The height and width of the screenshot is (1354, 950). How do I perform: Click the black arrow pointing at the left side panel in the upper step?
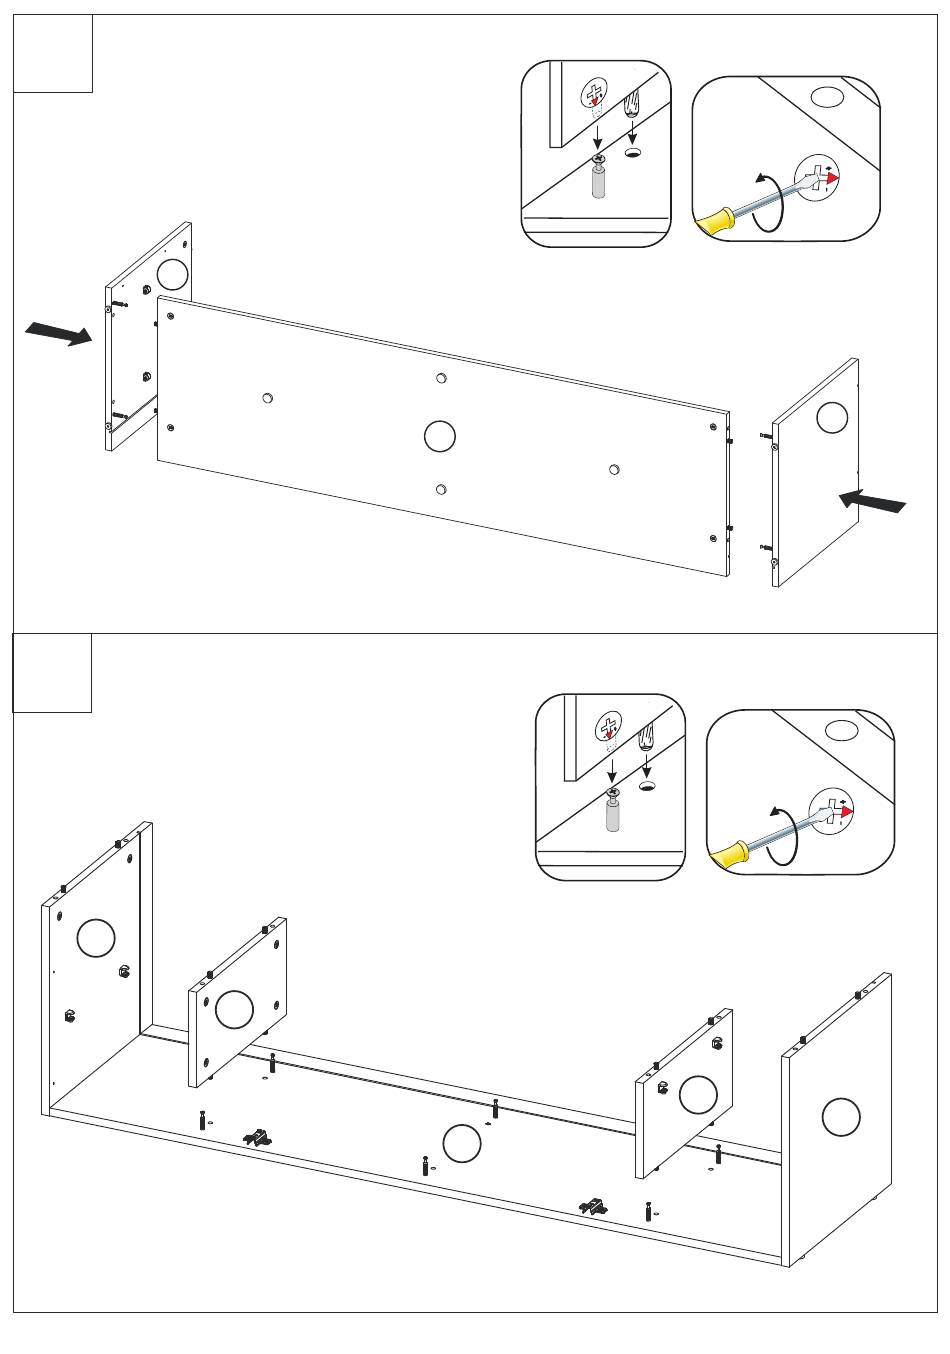pos(57,334)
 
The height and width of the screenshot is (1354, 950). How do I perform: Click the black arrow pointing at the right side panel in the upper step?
pos(873,501)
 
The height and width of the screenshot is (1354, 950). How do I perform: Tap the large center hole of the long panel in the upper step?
pos(440,436)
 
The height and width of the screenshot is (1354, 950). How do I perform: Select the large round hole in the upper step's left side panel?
pos(172,274)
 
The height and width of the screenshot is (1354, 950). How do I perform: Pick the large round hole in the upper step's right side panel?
pos(832,417)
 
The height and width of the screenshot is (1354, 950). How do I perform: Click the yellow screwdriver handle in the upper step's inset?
pos(717,221)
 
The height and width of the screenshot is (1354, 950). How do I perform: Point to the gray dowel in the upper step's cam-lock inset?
pos(598,185)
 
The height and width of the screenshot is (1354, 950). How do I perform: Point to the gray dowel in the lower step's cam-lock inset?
pos(612,816)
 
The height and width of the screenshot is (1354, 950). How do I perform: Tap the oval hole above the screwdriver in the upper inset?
pos(825,98)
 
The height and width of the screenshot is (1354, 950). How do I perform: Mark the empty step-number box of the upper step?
pos(53,53)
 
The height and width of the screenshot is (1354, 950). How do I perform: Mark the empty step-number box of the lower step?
pos(52,672)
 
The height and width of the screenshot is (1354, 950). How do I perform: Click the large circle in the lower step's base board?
pos(461,1143)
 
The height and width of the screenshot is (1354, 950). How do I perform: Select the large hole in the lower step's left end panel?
pos(96,937)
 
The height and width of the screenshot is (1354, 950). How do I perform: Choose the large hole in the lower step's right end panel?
pos(841,1116)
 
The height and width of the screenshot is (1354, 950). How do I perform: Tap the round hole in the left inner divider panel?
pos(234,1009)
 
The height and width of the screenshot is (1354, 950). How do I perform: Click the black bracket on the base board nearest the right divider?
pos(594,1207)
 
